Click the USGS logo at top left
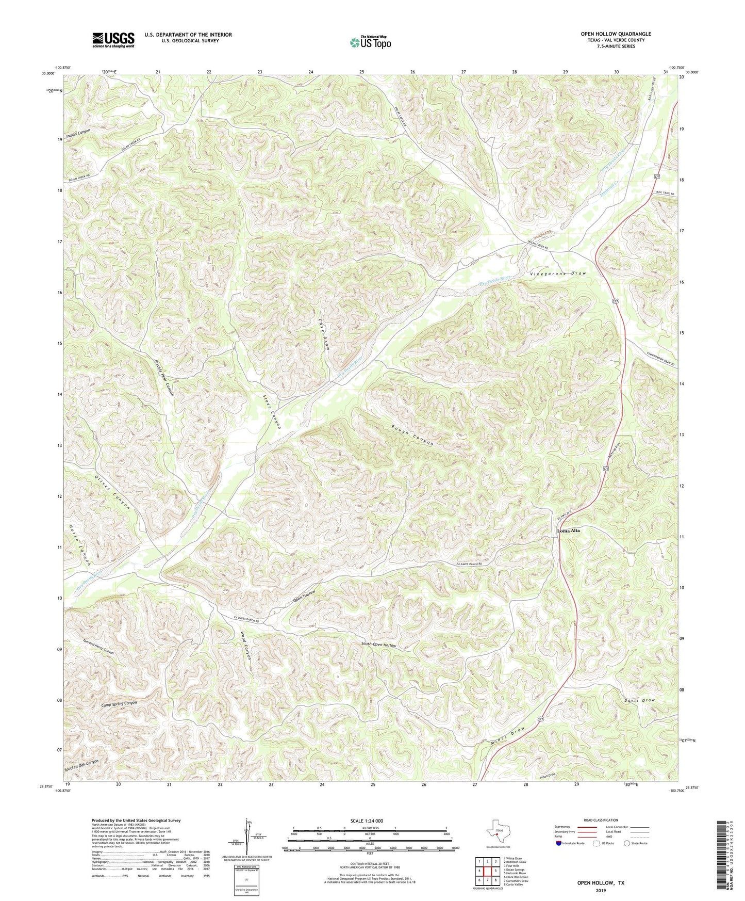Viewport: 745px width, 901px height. pyautogui.click(x=113, y=40)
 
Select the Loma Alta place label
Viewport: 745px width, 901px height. pyautogui.click(x=568, y=530)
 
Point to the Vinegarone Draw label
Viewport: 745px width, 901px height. pyautogui.click(x=558, y=273)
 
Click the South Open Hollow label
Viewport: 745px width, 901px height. pyautogui.click(x=378, y=645)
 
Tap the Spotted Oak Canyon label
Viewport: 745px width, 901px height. pyautogui.click(x=81, y=765)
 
